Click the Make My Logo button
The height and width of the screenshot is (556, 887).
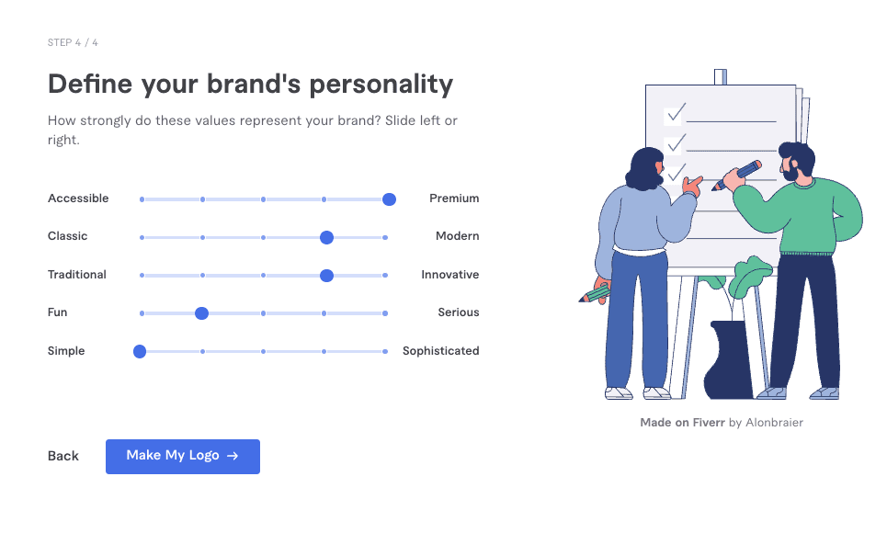point(183,457)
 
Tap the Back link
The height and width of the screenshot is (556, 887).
point(63,457)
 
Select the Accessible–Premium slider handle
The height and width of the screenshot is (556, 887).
point(389,199)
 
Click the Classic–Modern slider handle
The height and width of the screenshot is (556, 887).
point(326,237)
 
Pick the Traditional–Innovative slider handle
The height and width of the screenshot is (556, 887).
point(326,276)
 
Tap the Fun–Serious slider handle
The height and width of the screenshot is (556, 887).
point(201,313)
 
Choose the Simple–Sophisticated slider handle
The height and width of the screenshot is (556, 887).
point(140,352)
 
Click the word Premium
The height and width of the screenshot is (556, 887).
point(454,199)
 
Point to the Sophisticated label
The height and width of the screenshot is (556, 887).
point(440,351)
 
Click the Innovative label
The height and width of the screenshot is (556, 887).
point(450,275)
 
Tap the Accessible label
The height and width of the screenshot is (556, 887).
point(78,199)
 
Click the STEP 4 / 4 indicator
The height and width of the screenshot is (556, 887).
point(73,43)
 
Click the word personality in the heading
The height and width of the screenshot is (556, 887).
point(381,85)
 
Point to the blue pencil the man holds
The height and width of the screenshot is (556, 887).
point(736,176)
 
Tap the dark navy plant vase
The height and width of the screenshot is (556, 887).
point(728,360)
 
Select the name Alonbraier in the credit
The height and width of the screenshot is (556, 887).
point(775,423)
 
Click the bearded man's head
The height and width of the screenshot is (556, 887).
point(797,161)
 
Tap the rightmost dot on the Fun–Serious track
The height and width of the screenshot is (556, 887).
point(385,313)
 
